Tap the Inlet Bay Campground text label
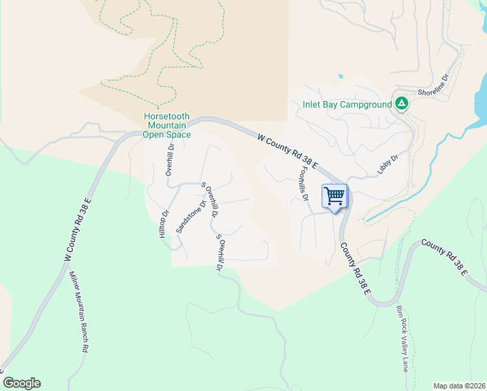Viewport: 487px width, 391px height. click(x=347, y=104)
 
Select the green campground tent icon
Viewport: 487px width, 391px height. click(x=402, y=104)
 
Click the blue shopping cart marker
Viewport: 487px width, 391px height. click(x=335, y=196)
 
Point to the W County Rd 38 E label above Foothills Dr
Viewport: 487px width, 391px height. click(x=287, y=151)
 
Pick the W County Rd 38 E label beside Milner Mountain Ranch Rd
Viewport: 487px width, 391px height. click(x=77, y=229)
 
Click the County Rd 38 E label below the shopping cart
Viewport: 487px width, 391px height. click(x=354, y=268)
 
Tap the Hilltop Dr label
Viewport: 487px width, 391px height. click(x=164, y=224)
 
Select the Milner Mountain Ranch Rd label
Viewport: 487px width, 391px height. click(x=78, y=311)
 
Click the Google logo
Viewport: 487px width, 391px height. click(x=21, y=383)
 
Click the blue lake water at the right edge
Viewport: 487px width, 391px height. click(x=482, y=98)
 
